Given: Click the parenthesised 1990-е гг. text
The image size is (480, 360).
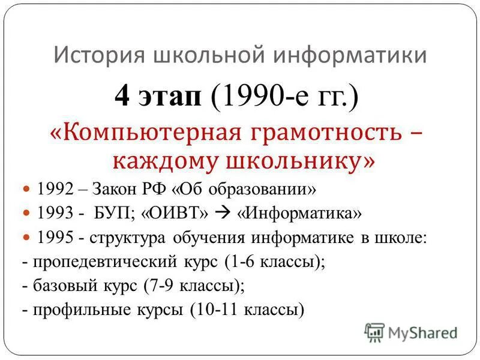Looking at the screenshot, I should pyautogui.click(x=285, y=97).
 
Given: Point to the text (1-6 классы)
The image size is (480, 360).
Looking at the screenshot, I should pyautogui.click(x=274, y=262).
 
